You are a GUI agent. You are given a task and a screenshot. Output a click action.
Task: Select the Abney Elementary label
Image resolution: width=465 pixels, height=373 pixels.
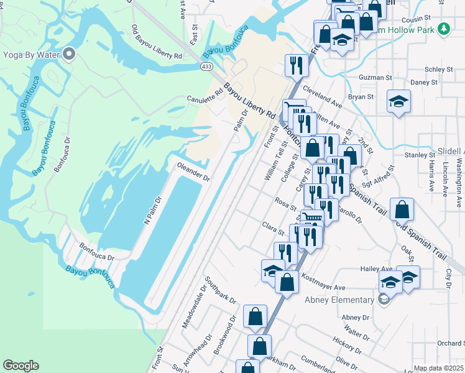pos(340,300)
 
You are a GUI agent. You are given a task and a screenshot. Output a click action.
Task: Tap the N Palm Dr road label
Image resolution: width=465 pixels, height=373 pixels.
pos(152,210)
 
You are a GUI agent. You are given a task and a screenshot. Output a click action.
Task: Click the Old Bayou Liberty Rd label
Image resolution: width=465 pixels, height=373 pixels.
pos(156,42)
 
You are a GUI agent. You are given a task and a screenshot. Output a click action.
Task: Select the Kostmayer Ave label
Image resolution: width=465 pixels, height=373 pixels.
pos(323,283)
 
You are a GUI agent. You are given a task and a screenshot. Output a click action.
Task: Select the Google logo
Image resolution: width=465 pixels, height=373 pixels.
pos(21,366)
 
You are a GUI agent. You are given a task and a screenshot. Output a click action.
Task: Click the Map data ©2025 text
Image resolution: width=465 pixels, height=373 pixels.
pos(438,369)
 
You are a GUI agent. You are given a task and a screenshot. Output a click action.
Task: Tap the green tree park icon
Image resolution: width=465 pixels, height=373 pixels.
pos(443,29)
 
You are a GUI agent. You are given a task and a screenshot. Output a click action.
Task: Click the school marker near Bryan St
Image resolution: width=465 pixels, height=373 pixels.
pos(398,101)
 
